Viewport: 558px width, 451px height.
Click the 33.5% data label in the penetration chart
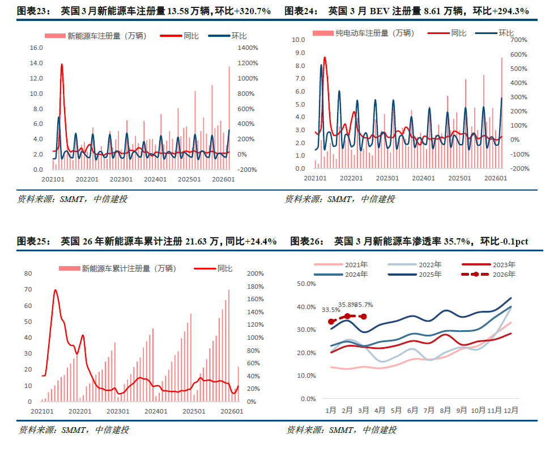(331, 310)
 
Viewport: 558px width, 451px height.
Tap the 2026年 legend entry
(504, 275)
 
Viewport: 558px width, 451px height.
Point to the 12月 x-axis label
(510, 410)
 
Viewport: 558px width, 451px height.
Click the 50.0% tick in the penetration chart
(306, 284)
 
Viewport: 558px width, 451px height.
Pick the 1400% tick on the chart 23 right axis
(248, 48)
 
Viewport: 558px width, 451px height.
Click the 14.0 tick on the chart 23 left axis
(36, 63)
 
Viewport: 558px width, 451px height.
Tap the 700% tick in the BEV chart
(519, 40)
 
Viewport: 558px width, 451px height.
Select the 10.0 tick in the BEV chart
(298, 40)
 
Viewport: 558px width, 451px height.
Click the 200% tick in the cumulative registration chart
(255, 273)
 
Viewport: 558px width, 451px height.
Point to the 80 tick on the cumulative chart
(28, 273)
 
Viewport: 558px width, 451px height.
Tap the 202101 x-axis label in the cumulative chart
(42, 411)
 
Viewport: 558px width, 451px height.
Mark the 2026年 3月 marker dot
(364, 317)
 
